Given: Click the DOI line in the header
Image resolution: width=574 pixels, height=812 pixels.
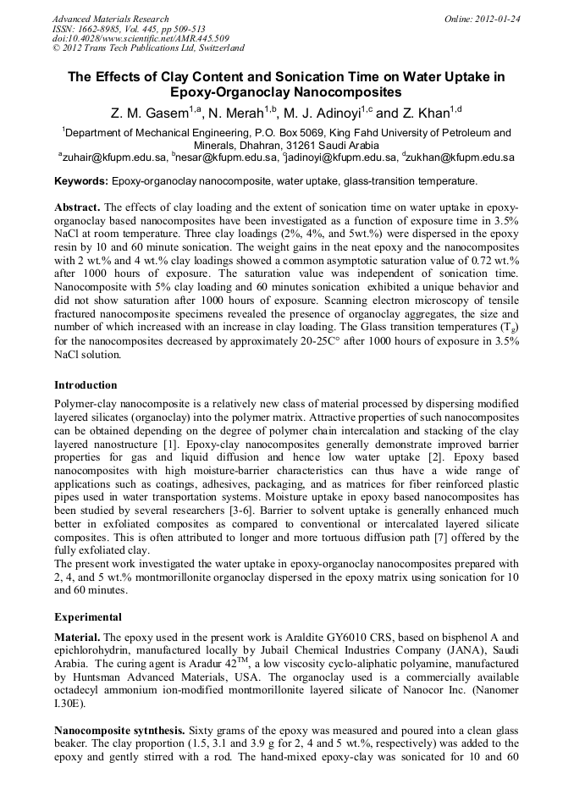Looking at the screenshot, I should point(141,39).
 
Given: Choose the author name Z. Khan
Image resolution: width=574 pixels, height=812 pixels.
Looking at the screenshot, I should point(432,113).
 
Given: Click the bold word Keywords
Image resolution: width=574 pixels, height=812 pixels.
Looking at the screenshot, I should point(81,181).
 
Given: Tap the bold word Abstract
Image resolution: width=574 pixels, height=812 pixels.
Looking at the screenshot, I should point(77,207).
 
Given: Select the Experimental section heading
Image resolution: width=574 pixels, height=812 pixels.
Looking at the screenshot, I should point(88,616).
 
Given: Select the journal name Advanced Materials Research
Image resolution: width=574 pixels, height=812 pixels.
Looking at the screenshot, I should point(110,19).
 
